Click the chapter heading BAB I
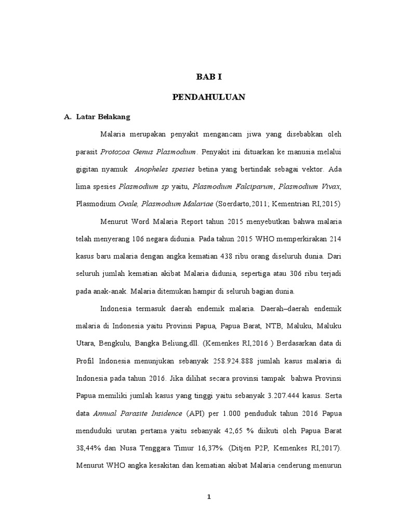point(208,77)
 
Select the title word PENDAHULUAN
point(208,97)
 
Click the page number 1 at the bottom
point(209,497)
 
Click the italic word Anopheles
point(153,169)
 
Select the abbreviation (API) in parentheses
point(191,414)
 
